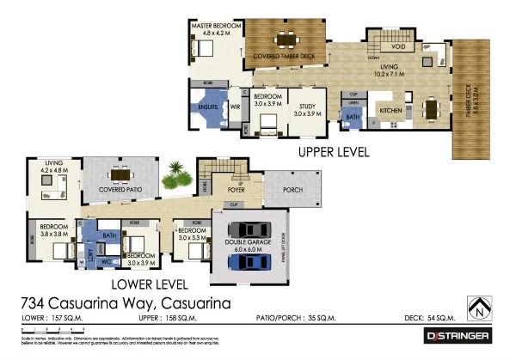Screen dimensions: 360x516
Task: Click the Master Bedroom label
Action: [x=216, y=27]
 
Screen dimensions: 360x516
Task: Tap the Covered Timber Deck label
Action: [x=284, y=58]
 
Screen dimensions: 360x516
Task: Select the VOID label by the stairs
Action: [x=398, y=47]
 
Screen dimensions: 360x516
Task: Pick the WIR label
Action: [x=235, y=107]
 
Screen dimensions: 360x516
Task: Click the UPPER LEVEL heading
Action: [x=333, y=152]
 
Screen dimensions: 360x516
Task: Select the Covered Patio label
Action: [x=120, y=188]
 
